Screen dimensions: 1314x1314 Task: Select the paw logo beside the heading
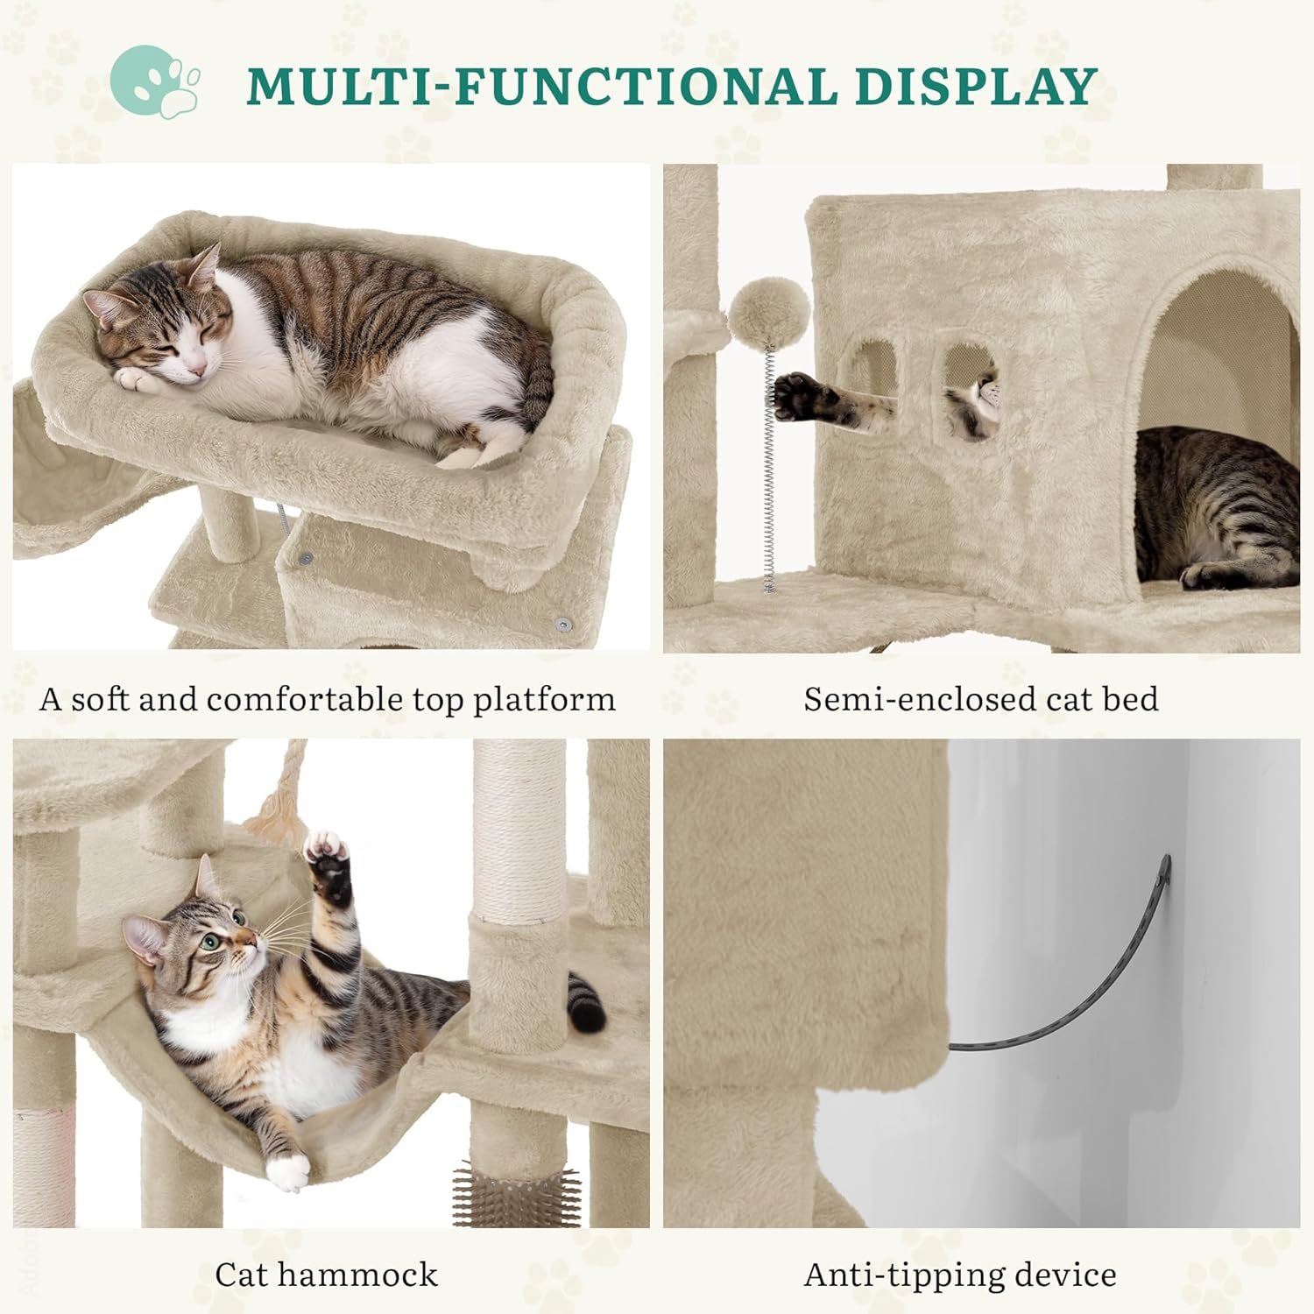point(155,81)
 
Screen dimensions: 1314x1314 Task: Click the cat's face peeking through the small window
point(979,399)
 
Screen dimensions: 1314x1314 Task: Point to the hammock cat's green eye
point(211,943)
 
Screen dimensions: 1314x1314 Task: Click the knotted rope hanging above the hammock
point(279,797)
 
